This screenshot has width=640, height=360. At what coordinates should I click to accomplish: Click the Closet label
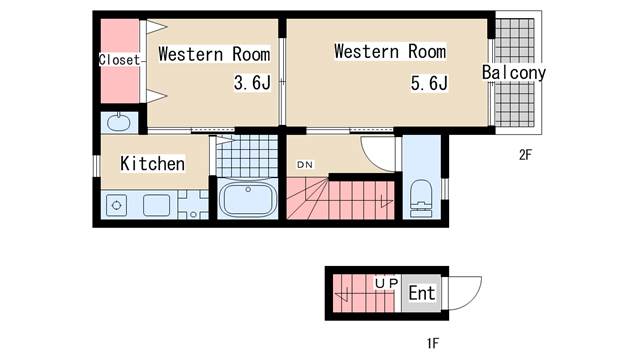[119, 60]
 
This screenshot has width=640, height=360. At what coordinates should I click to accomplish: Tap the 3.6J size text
[252, 84]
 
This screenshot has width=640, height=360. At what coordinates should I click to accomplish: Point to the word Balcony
[513, 73]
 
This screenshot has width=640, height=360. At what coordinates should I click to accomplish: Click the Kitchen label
[152, 163]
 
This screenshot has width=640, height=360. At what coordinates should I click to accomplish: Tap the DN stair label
[303, 164]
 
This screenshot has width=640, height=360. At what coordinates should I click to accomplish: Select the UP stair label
[387, 284]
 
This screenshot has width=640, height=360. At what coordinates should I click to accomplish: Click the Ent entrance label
[422, 293]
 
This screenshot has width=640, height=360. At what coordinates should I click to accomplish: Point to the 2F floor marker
[526, 155]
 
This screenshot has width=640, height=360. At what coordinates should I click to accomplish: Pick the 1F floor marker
[432, 345]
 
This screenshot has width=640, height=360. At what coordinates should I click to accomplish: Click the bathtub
[246, 200]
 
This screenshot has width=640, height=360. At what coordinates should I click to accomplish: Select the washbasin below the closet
[119, 123]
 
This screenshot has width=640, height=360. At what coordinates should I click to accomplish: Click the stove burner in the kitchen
[117, 207]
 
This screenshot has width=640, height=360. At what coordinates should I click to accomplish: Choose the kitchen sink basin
[158, 206]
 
